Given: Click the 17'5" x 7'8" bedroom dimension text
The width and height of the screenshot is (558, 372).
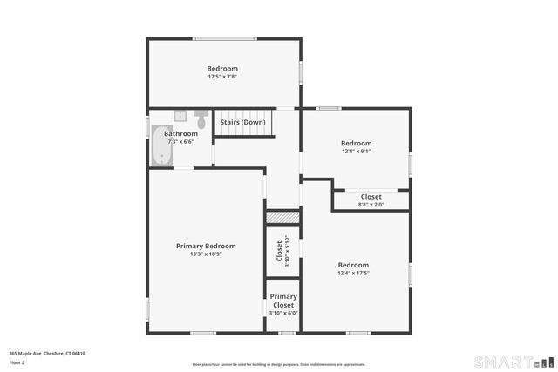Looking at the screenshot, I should [x=222, y=77].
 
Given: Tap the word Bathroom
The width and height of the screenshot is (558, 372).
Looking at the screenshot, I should [x=181, y=133].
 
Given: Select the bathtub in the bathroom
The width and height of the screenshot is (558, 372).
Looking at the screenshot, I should [x=161, y=146].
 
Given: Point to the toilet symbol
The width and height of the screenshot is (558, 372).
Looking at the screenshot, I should [x=201, y=119].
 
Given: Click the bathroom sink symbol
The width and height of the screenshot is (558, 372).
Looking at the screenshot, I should [x=180, y=115].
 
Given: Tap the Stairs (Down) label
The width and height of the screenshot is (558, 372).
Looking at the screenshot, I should [x=242, y=122].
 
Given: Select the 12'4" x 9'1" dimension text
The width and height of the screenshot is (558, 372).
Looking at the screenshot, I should [x=356, y=152].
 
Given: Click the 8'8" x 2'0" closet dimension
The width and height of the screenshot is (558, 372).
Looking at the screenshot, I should [x=371, y=205].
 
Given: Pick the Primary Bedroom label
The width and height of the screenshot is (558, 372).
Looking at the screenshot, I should [x=206, y=246].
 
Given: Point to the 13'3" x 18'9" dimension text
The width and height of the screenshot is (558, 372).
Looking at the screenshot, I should [x=206, y=254].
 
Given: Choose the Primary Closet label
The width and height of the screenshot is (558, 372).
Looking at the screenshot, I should [x=283, y=301].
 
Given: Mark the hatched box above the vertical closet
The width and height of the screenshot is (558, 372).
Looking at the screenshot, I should [x=282, y=216].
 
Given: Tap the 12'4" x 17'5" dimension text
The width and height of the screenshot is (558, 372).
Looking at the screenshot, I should [x=353, y=273].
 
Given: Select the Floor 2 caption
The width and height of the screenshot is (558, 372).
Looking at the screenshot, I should [x=17, y=362].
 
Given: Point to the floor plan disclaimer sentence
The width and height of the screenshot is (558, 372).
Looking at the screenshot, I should [x=279, y=364].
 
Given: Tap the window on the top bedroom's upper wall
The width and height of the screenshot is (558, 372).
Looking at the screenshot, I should [x=224, y=37].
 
